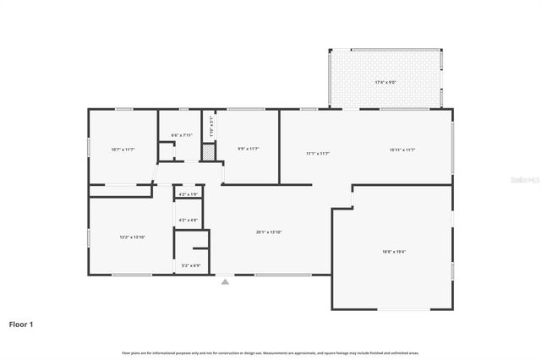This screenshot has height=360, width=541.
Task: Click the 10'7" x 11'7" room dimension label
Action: coord(123,150)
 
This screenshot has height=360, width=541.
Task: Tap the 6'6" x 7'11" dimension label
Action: coord(182,135)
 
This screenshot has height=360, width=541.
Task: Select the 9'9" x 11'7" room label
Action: coord(249,150)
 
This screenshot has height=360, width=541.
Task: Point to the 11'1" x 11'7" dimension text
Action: coord(317,153)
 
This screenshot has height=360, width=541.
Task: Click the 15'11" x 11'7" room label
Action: coord(402,150)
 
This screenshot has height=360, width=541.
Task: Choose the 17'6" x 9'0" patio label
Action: coord(385,82)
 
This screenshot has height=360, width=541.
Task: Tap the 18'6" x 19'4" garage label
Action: coord(394,251)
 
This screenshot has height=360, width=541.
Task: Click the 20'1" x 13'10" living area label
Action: coord(269,232)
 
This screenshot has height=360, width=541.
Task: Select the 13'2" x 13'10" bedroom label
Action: coord(133,237)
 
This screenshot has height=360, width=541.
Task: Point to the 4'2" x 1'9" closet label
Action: coord(188,195)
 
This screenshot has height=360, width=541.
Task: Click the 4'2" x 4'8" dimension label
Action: coord(188,221)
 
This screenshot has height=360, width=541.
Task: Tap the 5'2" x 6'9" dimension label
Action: coord(191,265)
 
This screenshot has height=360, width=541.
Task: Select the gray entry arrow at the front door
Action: coord(225,282)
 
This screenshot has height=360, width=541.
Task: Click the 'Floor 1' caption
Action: coord(21,324)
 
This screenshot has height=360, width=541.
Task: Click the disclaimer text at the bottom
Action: coord(270,352)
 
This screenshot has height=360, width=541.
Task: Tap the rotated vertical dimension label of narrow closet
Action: coord(211,132)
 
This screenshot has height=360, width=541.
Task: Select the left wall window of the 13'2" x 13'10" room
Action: coord(89,237)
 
